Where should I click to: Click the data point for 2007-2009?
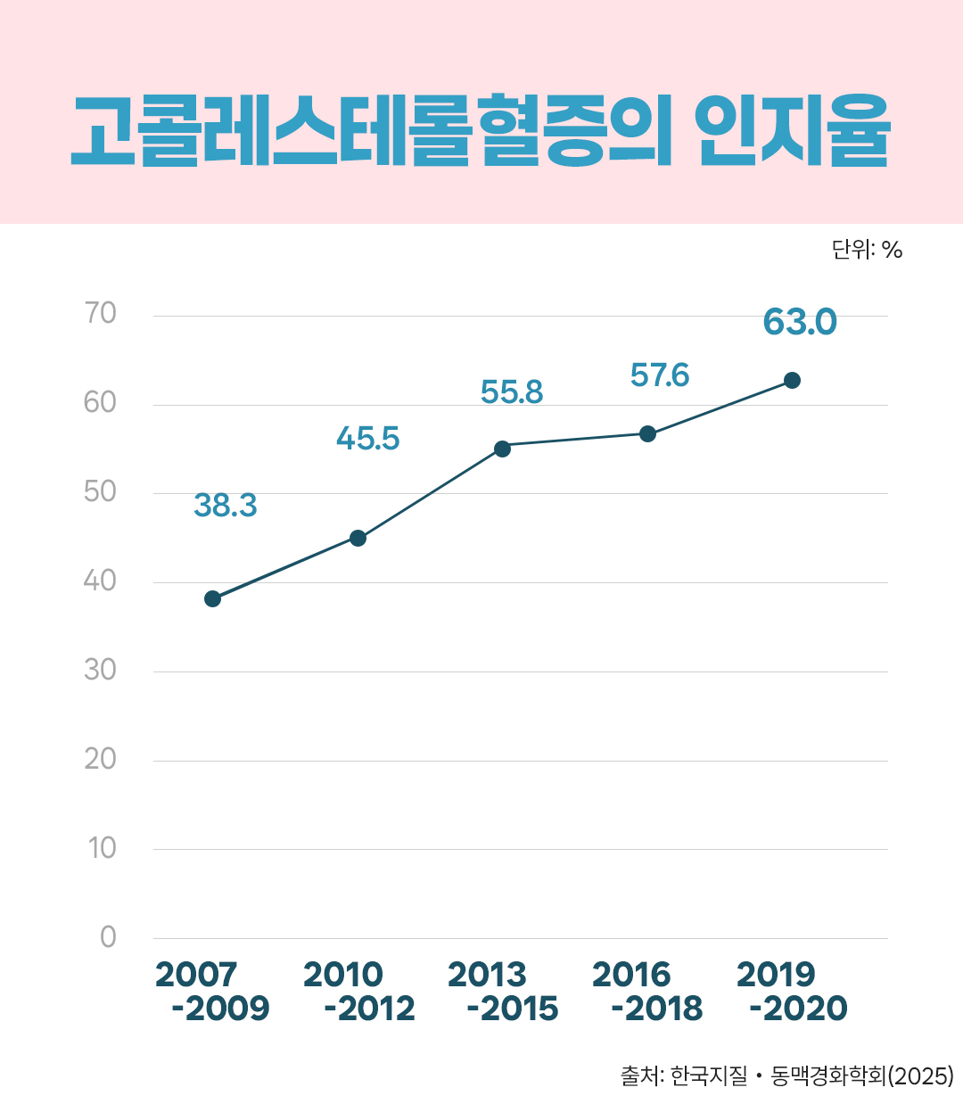click(212, 598)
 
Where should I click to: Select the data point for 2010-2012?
click(358, 538)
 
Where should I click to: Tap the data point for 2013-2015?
click(502, 448)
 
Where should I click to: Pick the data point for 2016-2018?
click(647, 433)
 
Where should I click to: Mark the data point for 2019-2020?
click(792, 380)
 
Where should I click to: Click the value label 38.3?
click(225, 506)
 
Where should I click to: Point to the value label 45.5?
click(367, 439)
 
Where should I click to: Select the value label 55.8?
click(511, 392)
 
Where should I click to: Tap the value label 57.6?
click(659, 375)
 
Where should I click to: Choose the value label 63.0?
click(800, 322)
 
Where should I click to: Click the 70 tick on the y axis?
click(100, 313)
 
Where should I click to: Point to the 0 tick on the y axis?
click(108, 936)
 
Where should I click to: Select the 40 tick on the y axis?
click(100, 581)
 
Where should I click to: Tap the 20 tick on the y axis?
click(100, 759)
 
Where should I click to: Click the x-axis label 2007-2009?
click(212, 992)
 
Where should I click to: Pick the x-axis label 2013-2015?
click(502, 992)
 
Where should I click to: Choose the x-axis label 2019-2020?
click(792, 992)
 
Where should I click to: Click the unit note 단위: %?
click(867, 250)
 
